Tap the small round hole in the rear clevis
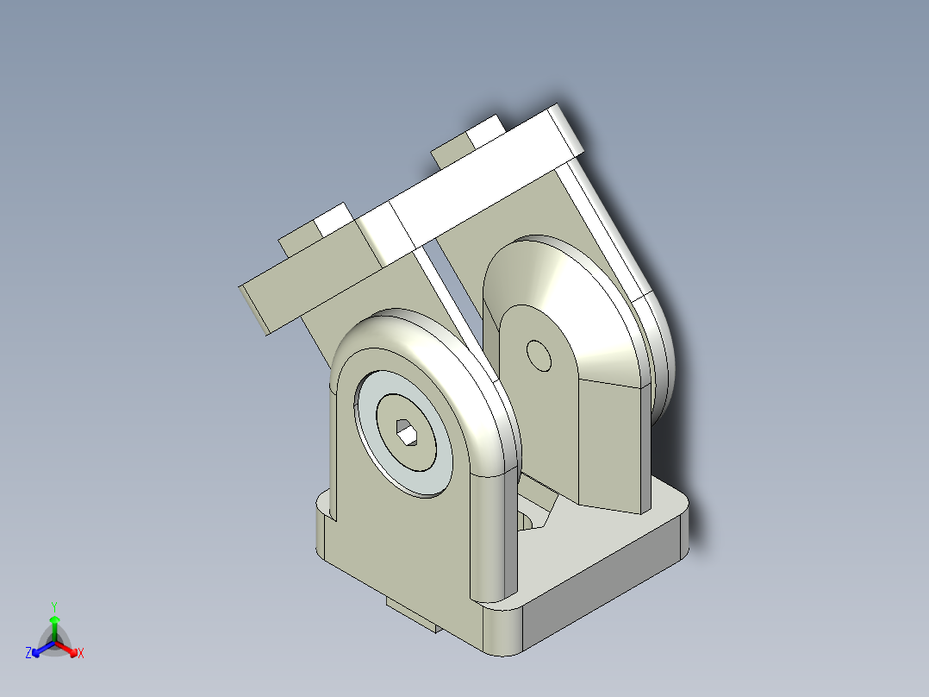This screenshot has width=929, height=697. click(x=540, y=355)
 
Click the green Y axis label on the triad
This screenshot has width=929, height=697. click(x=53, y=606)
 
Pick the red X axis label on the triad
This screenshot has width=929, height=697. click(x=81, y=653)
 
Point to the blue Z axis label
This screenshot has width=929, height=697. click(x=28, y=653)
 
